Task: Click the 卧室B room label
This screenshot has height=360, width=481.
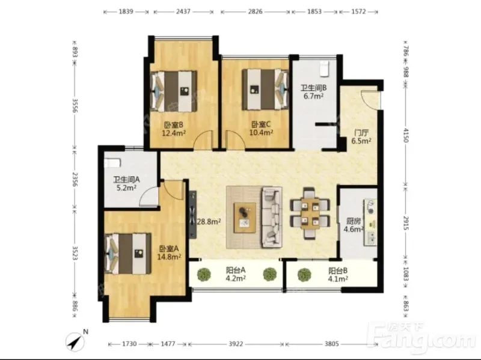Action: pyautogui.click(x=174, y=125)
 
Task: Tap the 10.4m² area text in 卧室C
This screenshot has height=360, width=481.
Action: pyautogui.click(x=261, y=132)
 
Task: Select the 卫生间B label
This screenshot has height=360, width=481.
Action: pyautogui.click(x=313, y=88)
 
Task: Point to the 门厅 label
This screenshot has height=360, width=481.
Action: pyautogui.click(x=361, y=133)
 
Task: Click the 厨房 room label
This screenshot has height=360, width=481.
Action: pyautogui.click(x=354, y=221)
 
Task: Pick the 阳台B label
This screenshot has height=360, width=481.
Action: pyautogui.click(x=338, y=271)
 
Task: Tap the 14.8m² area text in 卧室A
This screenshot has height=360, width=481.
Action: pyautogui.click(x=169, y=257)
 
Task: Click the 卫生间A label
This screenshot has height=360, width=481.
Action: pyautogui.click(x=126, y=180)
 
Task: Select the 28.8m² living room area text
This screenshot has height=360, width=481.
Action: pyautogui.click(x=209, y=221)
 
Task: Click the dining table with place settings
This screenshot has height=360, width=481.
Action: pyautogui.click(x=310, y=213)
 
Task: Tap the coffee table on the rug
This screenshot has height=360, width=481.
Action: pyautogui.click(x=245, y=218)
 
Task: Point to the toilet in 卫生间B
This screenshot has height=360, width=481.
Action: pyautogui.click(x=324, y=69)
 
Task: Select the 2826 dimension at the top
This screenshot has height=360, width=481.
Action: pyautogui.click(x=255, y=11)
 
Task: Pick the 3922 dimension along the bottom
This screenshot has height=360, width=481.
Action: pyautogui.click(x=236, y=344)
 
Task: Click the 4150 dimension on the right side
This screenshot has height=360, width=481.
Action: pyautogui.click(x=405, y=135)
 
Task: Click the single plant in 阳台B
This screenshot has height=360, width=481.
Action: pyautogui.click(x=304, y=275)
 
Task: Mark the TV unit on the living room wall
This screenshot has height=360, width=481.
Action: pyautogui.click(x=192, y=215)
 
